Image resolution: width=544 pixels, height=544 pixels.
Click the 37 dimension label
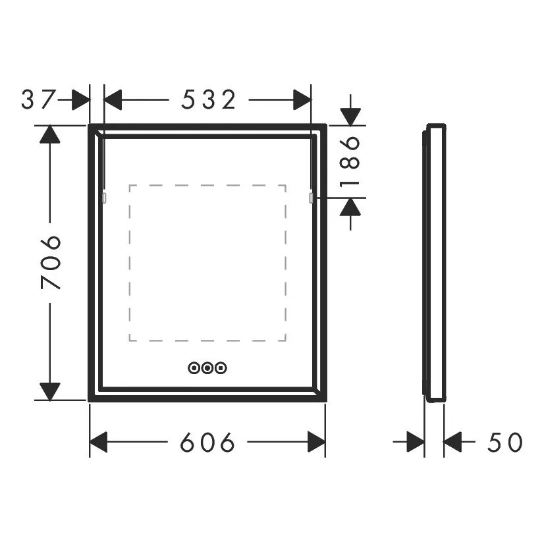pos(38,99)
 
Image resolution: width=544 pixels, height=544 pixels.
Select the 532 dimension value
pos(209,99)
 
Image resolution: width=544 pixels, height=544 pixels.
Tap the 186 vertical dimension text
pos(350,161)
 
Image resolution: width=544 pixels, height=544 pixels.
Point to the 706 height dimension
pos(51,262)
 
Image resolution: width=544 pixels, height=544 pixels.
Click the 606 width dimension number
pos(207,442)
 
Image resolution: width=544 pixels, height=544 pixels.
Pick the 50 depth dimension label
pos(504,442)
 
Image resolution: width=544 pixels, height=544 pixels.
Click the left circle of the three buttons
pos(194,367)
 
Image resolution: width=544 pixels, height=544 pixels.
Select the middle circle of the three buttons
pos(207,367)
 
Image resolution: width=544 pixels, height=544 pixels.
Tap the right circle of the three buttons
pos(221,367)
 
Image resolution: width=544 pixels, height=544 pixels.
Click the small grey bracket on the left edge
pos(104,198)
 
